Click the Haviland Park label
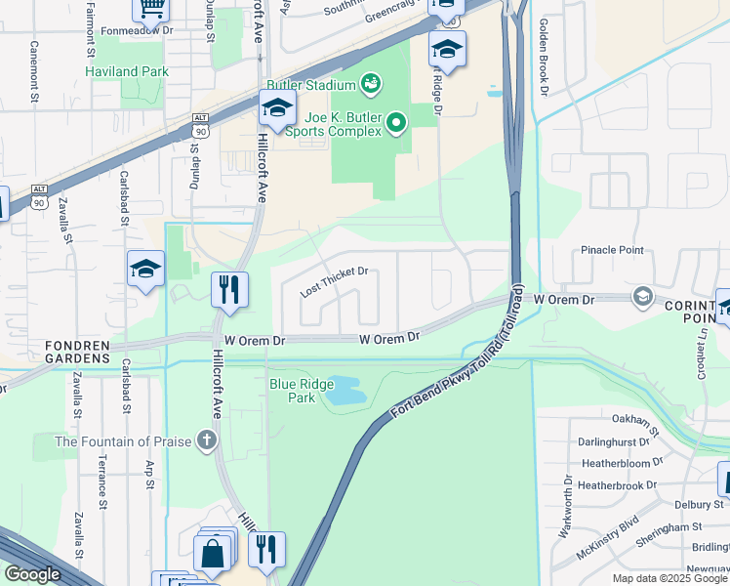pyautogui.click(x=127, y=71)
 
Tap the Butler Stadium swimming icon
pyautogui.click(x=371, y=85)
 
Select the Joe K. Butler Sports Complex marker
pyautogui.click(x=395, y=123)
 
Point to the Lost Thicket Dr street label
pyautogui.click(x=335, y=281)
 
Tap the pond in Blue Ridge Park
pyautogui.click(x=346, y=391)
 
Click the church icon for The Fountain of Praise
pyautogui.click(x=206, y=440)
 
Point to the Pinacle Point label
pyautogui.click(x=613, y=250)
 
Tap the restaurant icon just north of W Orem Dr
pyautogui.click(x=229, y=289)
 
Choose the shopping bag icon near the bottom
pyautogui.click(x=212, y=554)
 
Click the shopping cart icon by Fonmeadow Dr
pyautogui.click(x=151, y=8)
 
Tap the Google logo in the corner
pyautogui.click(x=33, y=574)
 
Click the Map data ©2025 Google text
pyautogui.click(x=669, y=578)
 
